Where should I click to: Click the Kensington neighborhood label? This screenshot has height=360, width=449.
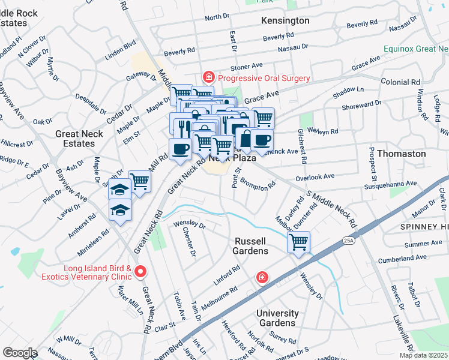[x=286, y=20]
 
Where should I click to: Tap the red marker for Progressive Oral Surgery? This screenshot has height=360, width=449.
[x=208, y=77]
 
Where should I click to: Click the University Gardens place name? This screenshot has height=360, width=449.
[x=277, y=318]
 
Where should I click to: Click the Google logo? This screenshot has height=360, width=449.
[x=19, y=353]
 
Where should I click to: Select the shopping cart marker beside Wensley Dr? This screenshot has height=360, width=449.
[x=298, y=242]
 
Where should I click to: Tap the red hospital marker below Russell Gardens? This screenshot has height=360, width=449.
[x=262, y=277]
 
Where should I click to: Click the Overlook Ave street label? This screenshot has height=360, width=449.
[x=315, y=178]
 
